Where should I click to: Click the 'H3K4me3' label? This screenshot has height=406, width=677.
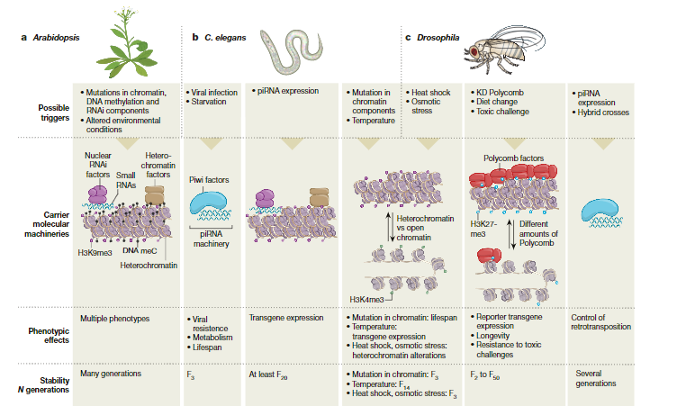click(x=366, y=298)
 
